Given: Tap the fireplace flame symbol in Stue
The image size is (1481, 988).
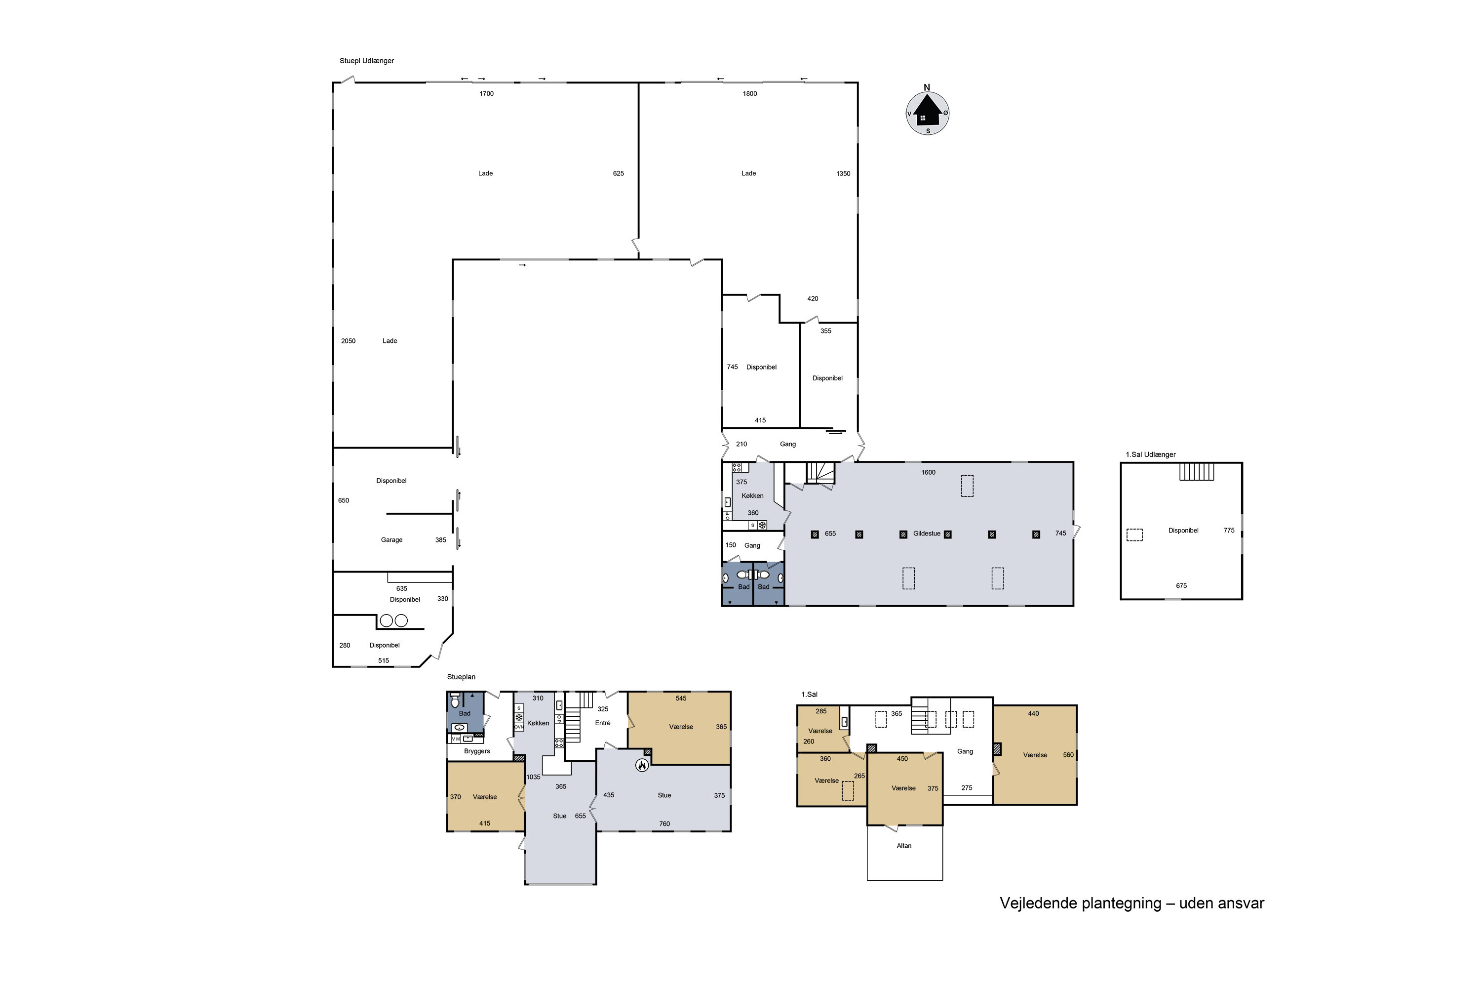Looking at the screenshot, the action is [x=642, y=765].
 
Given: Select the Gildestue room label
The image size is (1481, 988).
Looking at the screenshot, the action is [x=927, y=534].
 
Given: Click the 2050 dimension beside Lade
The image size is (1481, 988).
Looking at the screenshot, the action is [x=348, y=341].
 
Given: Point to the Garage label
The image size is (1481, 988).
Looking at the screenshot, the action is [x=391, y=540].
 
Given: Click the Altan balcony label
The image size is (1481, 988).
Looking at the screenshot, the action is [x=904, y=846].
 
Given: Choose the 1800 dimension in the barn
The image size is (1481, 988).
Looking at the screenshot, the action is [x=749, y=94].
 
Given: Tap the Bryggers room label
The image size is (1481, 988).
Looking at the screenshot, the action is [x=477, y=751].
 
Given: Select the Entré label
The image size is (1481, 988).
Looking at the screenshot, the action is [x=603, y=723].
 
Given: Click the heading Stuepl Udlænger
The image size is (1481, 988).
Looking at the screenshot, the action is [x=366, y=61].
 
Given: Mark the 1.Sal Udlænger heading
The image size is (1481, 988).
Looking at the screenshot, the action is [x=1150, y=454].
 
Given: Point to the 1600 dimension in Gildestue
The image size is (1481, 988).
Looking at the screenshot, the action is [x=928, y=473].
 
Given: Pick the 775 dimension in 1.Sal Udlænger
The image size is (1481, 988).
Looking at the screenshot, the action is [x=1229, y=531].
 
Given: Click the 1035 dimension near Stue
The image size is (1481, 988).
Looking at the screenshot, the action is [x=533, y=777].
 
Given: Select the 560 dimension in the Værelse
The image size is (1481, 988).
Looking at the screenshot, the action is [x=1068, y=755].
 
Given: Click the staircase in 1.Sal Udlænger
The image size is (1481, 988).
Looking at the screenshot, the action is [x=1196, y=471].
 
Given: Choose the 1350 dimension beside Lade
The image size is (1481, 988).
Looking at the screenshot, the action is [x=843, y=174].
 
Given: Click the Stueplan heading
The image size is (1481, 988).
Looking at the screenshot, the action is [x=461, y=677].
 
